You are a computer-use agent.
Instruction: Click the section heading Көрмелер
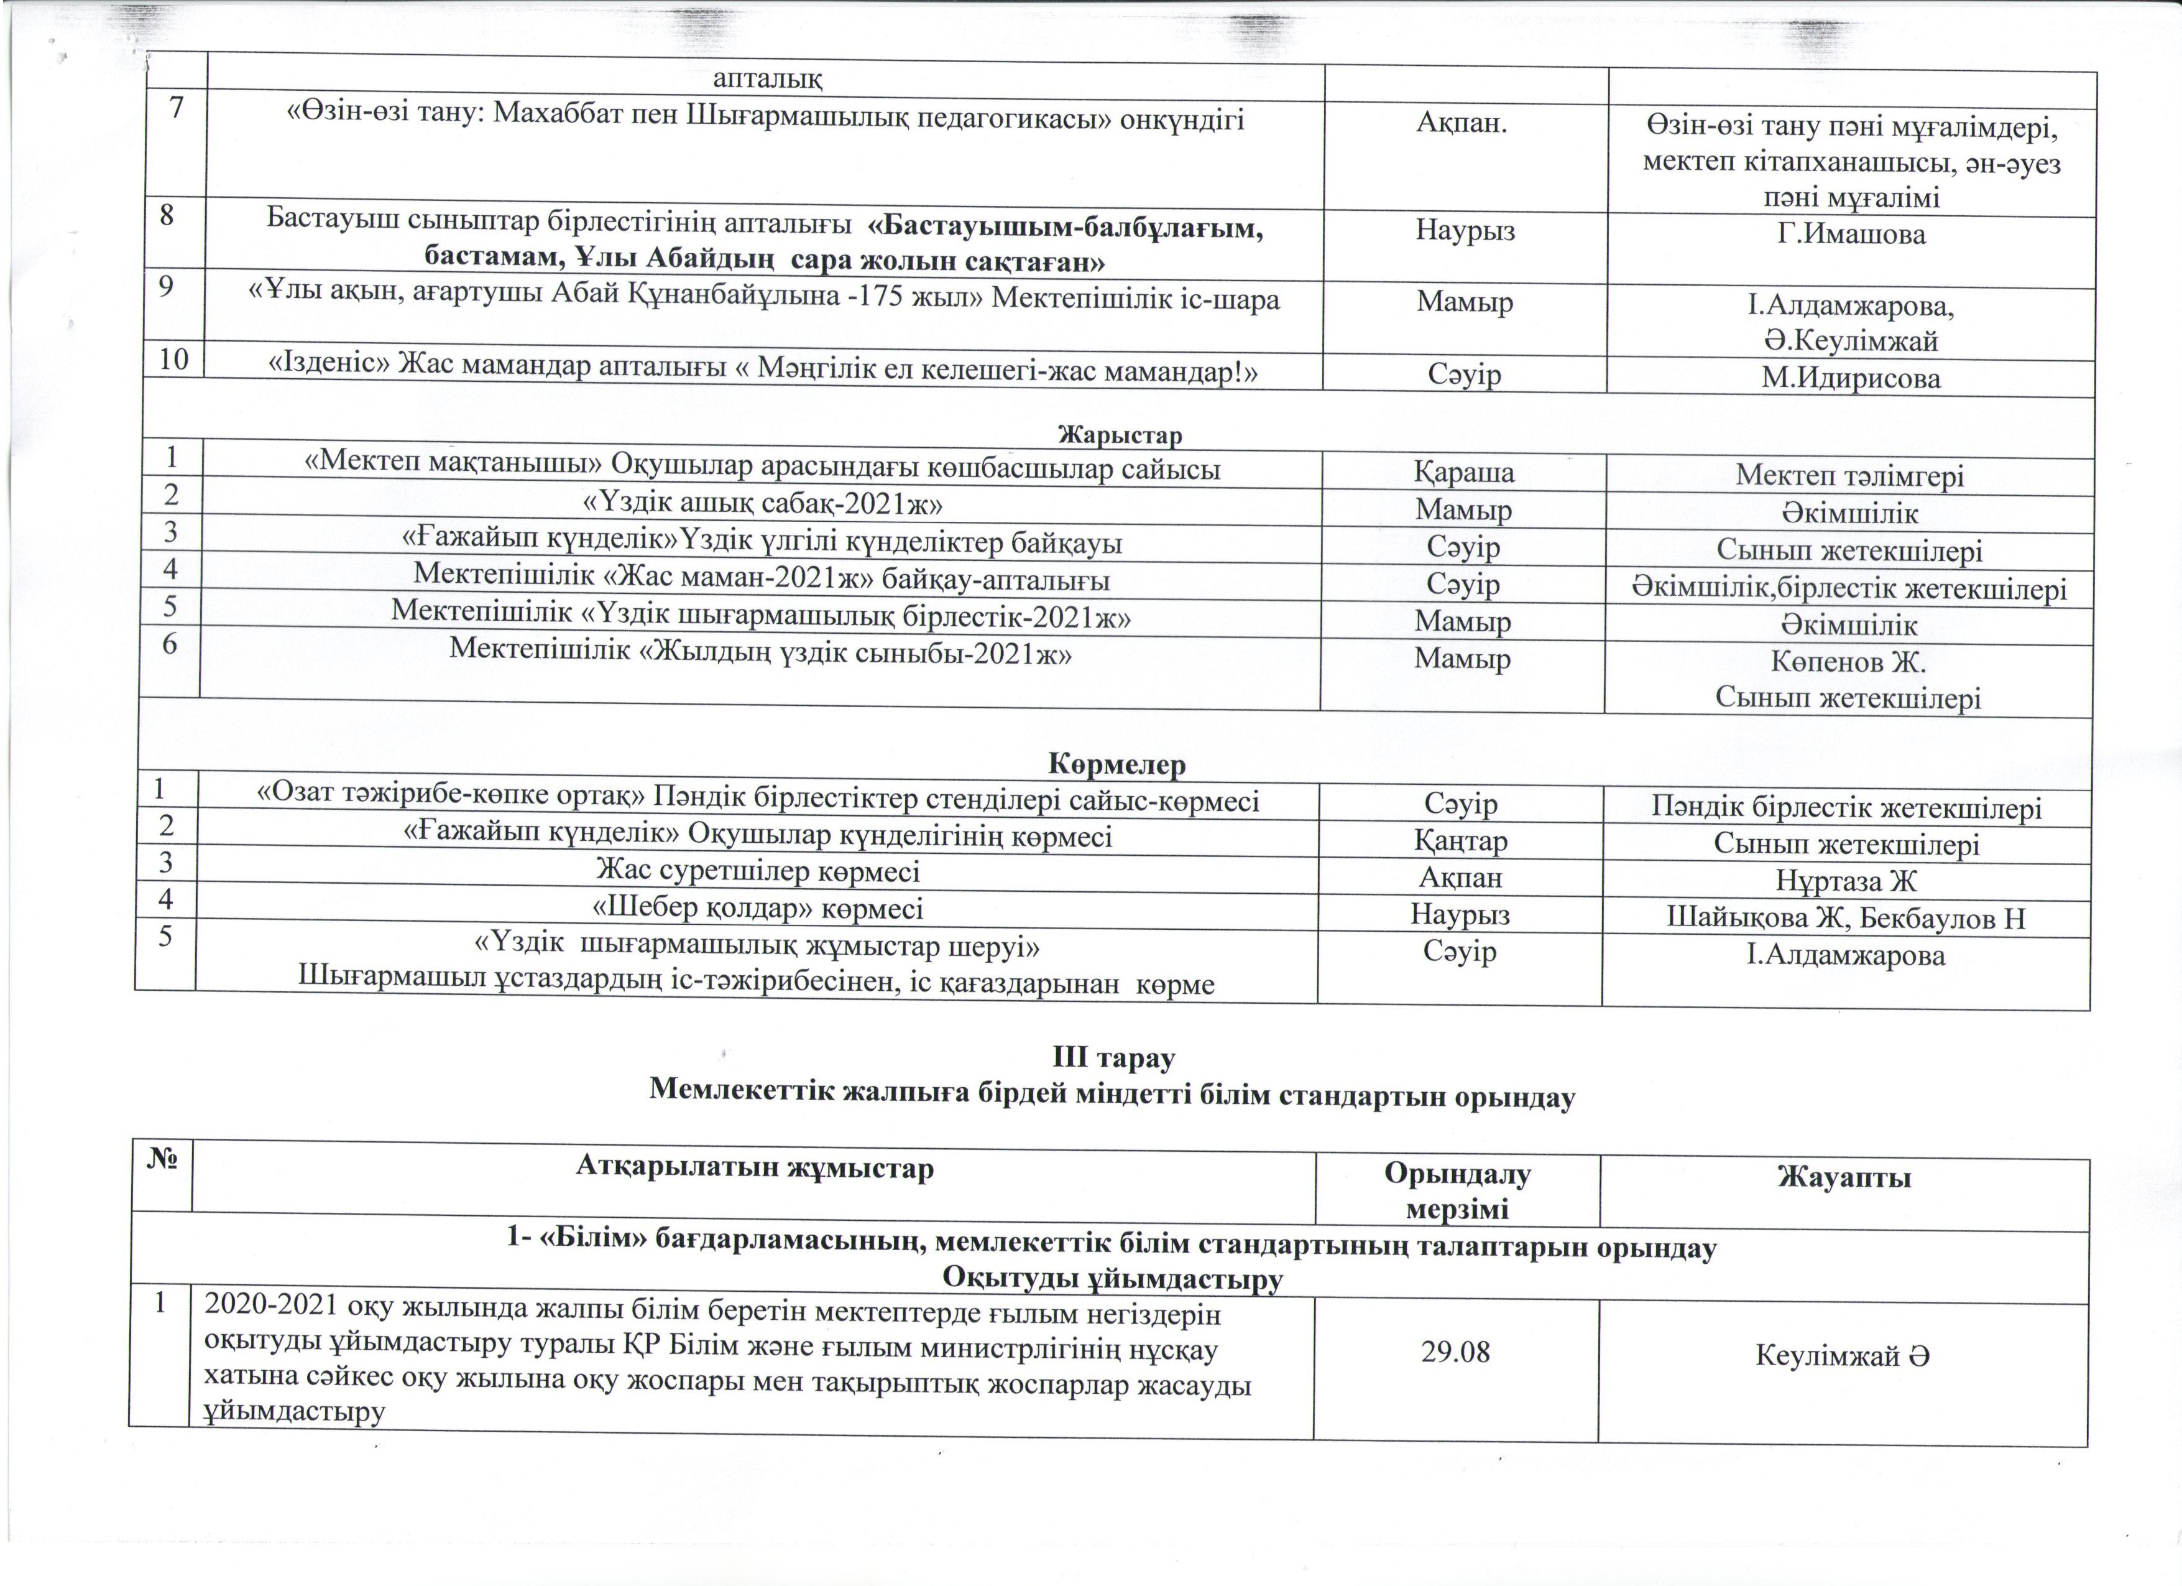(1117, 765)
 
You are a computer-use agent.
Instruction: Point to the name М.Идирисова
(1850, 378)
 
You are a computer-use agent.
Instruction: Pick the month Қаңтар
(1460, 840)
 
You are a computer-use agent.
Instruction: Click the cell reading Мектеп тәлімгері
(1849, 475)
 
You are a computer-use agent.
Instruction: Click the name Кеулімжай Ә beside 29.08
(1843, 1356)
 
